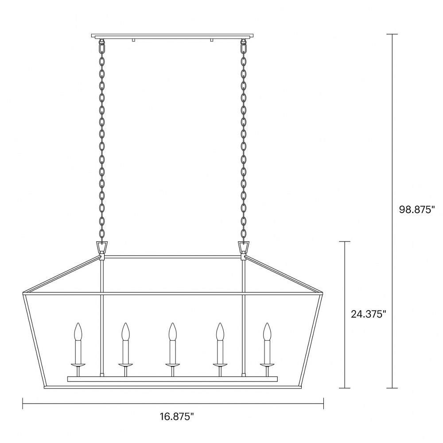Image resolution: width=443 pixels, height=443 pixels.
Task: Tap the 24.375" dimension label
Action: [369, 314]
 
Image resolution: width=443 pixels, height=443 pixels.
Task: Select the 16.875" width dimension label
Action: [177, 416]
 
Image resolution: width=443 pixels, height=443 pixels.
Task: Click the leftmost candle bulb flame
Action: [78, 332]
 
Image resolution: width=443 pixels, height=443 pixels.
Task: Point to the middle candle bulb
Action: [172, 332]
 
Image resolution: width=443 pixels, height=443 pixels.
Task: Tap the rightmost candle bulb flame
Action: [267, 332]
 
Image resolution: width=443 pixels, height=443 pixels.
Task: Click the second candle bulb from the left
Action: [125, 332]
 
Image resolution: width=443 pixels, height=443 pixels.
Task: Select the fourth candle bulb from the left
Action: [220, 332]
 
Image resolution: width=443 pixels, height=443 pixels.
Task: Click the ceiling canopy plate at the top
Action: [172, 36]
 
